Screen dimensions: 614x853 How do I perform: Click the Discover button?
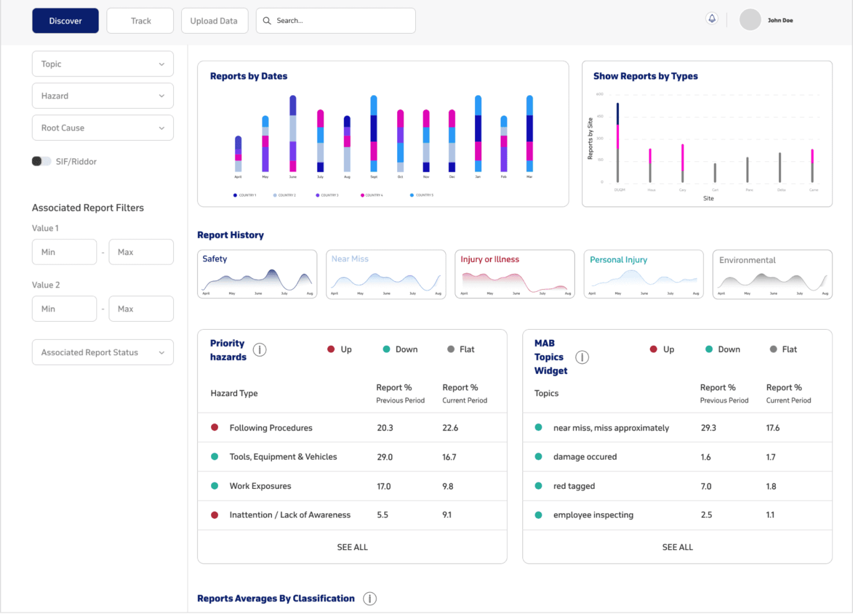(x=65, y=21)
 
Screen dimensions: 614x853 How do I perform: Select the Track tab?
(x=140, y=21)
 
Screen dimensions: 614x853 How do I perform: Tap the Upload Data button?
(x=214, y=21)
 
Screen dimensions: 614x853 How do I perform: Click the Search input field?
(x=336, y=21)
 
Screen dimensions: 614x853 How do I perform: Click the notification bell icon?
(x=712, y=19)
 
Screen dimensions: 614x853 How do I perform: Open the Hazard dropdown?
(x=103, y=96)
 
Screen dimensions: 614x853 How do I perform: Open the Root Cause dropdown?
(x=103, y=128)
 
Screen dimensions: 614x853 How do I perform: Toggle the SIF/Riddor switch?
(x=41, y=161)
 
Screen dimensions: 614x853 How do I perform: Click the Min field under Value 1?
(x=64, y=252)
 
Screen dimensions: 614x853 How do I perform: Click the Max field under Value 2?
(x=141, y=309)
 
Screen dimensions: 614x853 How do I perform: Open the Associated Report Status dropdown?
(x=103, y=352)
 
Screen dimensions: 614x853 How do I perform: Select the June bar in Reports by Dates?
(x=293, y=133)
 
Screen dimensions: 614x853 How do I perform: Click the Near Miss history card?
(x=385, y=274)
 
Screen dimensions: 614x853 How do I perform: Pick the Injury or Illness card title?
(x=489, y=259)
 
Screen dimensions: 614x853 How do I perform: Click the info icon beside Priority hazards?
(x=260, y=350)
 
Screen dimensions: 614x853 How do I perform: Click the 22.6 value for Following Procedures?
(x=450, y=428)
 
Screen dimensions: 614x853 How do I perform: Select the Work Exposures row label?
(x=260, y=486)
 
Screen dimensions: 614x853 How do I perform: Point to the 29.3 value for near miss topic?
(x=709, y=428)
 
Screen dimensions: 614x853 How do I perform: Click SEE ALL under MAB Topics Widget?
(x=677, y=547)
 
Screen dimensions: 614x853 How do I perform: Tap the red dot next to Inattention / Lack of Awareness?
(x=215, y=515)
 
